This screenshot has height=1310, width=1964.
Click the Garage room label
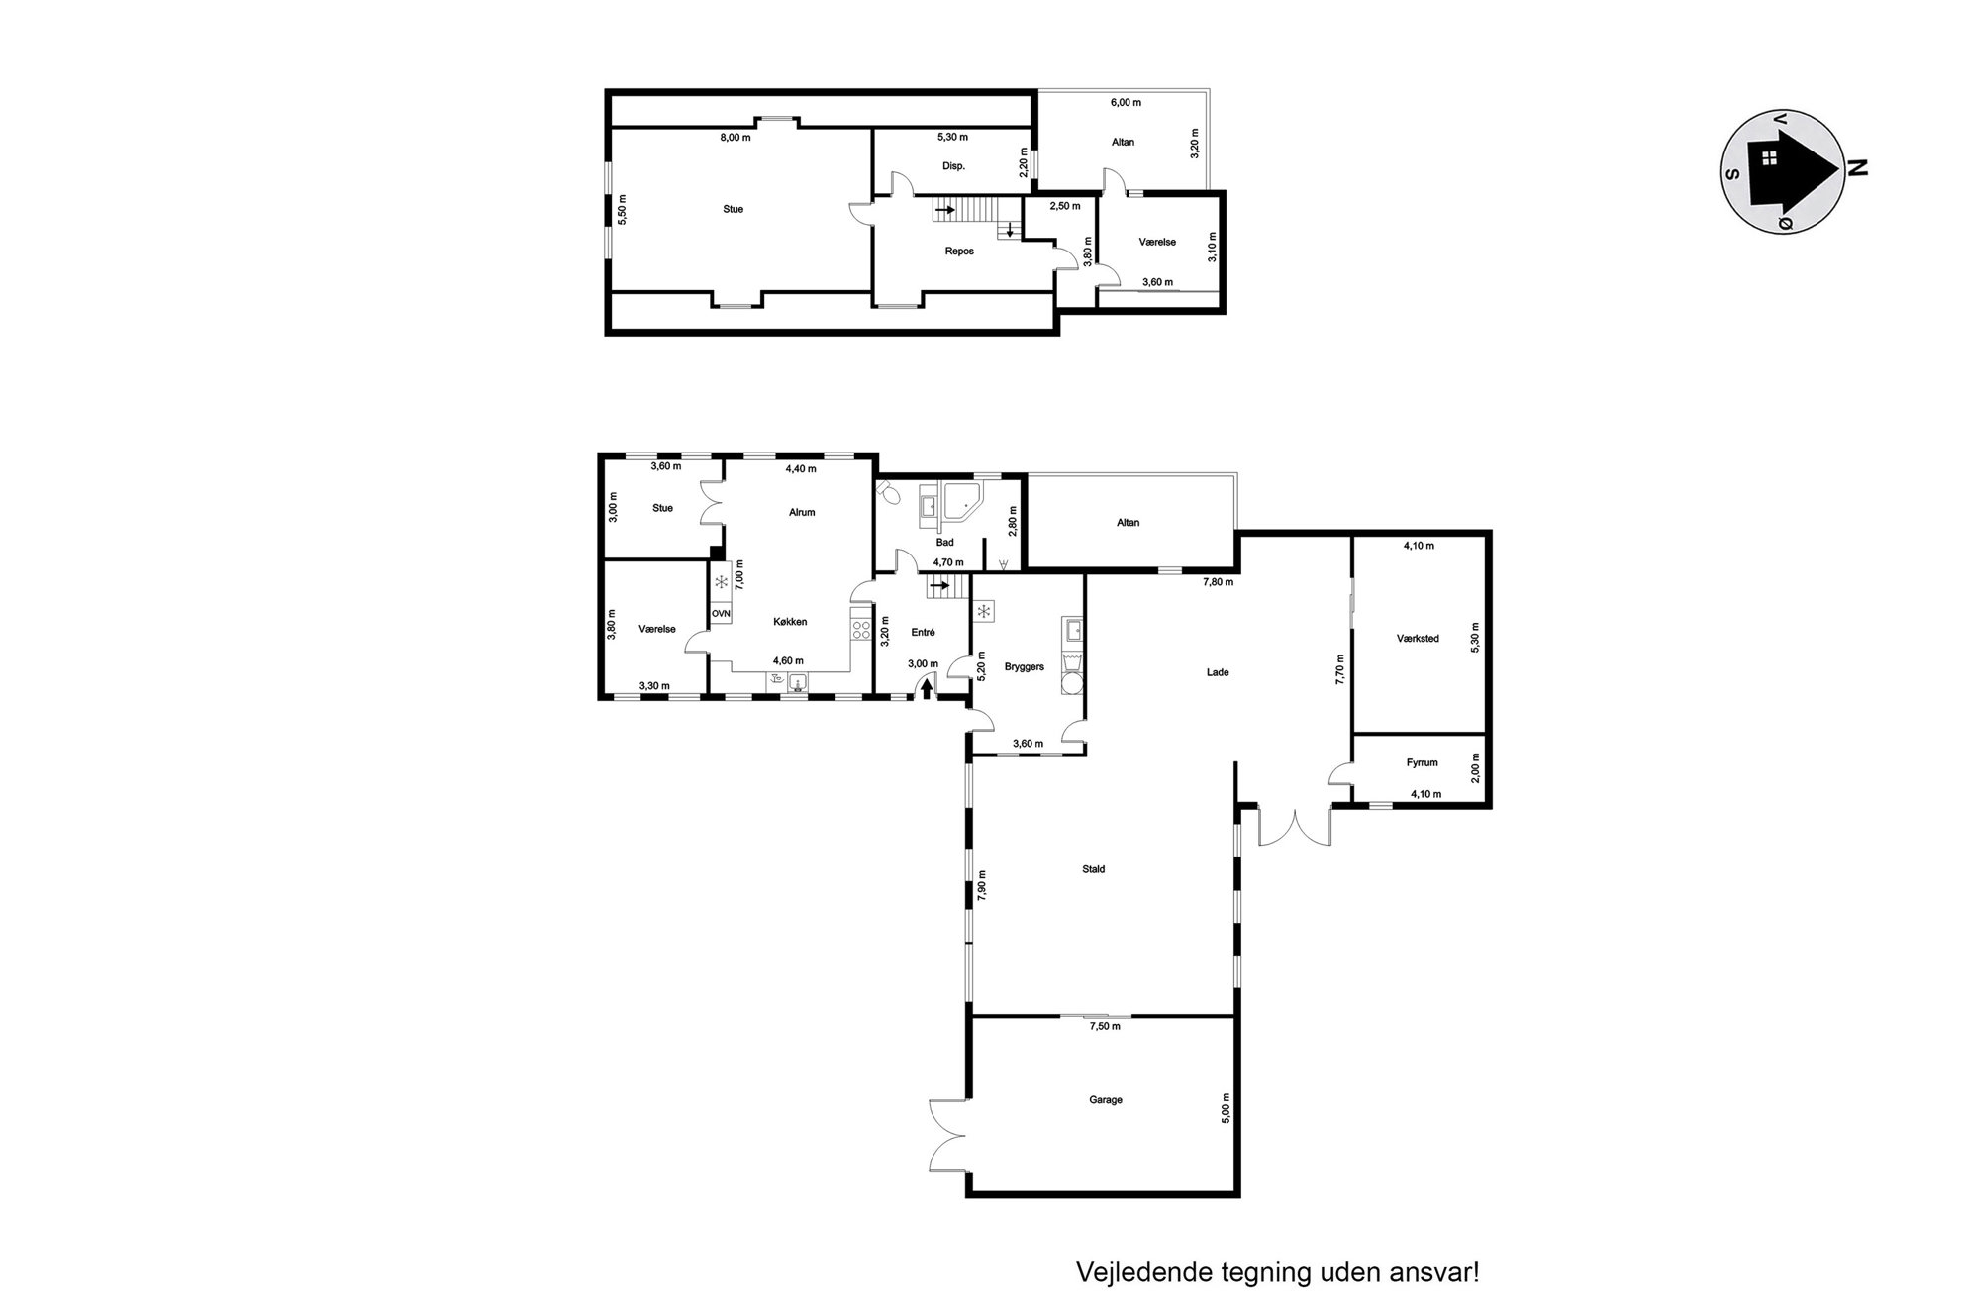tap(1106, 1099)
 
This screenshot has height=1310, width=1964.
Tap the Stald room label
tap(1093, 869)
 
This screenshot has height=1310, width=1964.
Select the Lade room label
tap(1218, 672)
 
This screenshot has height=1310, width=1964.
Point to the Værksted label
tap(1418, 639)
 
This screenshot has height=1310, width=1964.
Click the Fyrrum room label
tap(1422, 762)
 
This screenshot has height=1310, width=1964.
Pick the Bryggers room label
tap(1025, 666)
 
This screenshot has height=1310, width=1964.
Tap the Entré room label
tap(923, 632)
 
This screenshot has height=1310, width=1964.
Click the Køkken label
tap(790, 622)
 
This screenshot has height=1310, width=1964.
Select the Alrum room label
tap(802, 512)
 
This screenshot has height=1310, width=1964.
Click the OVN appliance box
tap(721, 614)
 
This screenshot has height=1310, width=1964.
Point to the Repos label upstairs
tap(959, 251)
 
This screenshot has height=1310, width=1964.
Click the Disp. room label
tap(953, 166)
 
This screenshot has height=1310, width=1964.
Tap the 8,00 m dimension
tap(736, 138)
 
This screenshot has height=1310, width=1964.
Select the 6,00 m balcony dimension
tap(1126, 102)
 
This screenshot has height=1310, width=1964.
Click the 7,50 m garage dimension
tap(1105, 1026)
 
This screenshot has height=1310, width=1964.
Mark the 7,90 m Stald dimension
tap(982, 885)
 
